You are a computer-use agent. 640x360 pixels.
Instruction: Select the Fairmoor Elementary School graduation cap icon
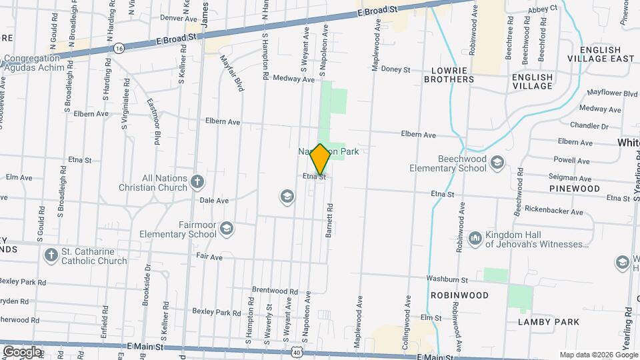click(x=227, y=229)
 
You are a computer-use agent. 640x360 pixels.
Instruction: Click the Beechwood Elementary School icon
click(x=497, y=163)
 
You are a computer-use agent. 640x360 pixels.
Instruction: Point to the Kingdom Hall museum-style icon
click(x=475, y=238)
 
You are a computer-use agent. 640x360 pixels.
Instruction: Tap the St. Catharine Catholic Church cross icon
click(x=51, y=255)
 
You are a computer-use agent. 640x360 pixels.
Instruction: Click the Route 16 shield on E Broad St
click(x=119, y=48)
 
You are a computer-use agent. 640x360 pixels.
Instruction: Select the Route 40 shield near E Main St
click(x=295, y=351)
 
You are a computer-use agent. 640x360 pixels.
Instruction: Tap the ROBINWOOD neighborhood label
click(x=459, y=295)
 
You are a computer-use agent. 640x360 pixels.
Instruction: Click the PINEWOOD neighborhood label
click(x=575, y=189)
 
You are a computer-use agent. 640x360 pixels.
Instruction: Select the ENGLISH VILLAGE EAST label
click(x=607, y=54)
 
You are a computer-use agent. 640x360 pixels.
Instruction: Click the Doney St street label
click(x=395, y=69)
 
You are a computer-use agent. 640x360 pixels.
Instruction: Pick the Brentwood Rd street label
click(x=275, y=291)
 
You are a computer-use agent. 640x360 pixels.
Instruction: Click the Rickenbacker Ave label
click(x=553, y=213)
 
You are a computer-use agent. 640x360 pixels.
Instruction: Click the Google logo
click(x=22, y=351)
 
